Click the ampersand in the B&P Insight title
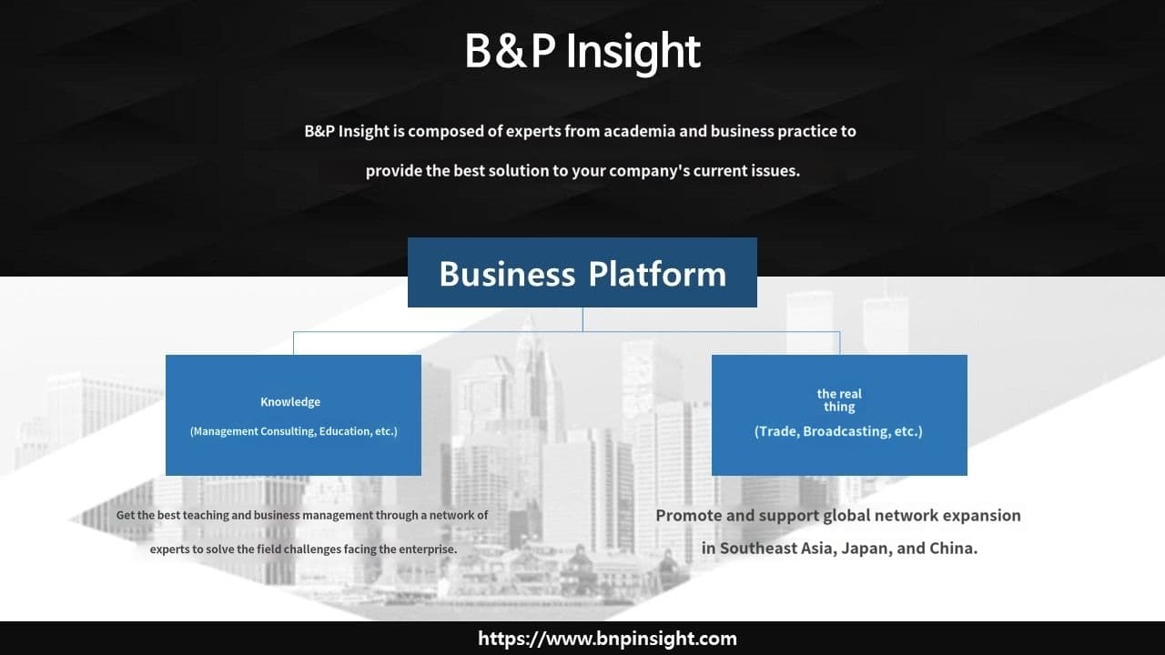click(x=511, y=51)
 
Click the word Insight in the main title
click(x=633, y=53)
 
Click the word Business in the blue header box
click(x=507, y=274)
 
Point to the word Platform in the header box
click(x=657, y=274)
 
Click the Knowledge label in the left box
click(x=290, y=402)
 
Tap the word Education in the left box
click(x=344, y=431)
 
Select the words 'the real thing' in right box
click(x=839, y=400)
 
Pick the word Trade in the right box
click(x=777, y=431)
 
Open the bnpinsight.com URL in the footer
click(x=607, y=639)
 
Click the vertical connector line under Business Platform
click(x=582, y=319)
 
